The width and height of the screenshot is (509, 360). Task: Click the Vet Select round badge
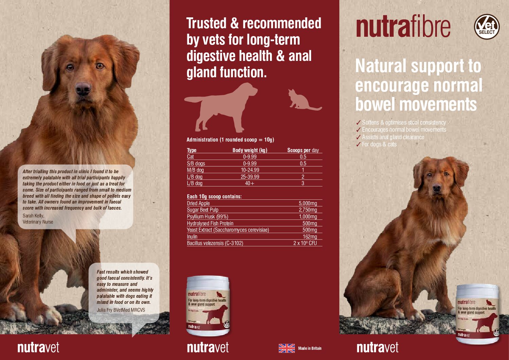click(x=487, y=27)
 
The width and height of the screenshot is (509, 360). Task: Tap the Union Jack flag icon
click(x=287, y=348)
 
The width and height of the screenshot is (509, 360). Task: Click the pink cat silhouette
click(x=301, y=100)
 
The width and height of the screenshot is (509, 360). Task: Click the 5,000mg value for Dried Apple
click(x=308, y=203)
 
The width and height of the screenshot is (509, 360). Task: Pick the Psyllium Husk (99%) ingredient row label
click(x=207, y=217)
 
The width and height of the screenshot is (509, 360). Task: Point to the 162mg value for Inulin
click(x=309, y=236)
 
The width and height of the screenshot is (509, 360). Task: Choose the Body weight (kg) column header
click(x=250, y=150)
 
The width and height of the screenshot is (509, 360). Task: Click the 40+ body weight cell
click(x=250, y=183)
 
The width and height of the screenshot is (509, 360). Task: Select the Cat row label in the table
click(x=190, y=157)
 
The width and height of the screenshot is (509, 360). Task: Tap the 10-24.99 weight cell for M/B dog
click(x=250, y=170)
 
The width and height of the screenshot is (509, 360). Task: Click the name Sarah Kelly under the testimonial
click(x=33, y=216)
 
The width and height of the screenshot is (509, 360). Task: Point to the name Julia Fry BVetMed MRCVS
click(x=121, y=310)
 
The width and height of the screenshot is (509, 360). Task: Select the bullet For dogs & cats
click(x=379, y=144)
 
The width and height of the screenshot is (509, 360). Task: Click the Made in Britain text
click(x=309, y=348)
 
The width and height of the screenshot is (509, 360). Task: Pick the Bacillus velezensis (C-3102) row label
click(x=215, y=243)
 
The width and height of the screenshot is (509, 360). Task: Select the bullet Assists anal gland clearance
click(x=393, y=137)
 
